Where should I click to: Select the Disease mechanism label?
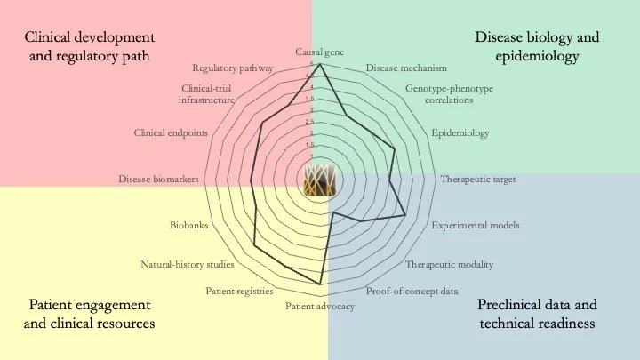[x=406, y=68]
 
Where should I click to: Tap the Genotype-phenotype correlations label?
[x=449, y=94]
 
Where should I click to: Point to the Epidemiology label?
[x=460, y=133]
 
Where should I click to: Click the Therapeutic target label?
[x=477, y=179]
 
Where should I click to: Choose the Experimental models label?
[x=476, y=225]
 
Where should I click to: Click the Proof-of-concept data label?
[x=412, y=291]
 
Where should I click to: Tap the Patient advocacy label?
[x=320, y=307]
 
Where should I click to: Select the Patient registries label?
[x=239, y=291]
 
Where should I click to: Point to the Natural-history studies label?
[x=188, y=264]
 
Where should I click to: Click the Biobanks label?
[x=188, y=225]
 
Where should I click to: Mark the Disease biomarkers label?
[x=158, y=179]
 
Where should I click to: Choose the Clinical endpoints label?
[x=171, y=133]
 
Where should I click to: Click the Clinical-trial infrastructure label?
[x=206, y=94]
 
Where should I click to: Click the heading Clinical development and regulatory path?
[x=90, y=47]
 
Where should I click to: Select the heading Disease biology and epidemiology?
[x=537, y=47]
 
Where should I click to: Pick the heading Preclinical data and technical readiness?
[x=537, y=314]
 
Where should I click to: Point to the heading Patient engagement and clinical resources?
[x=90, y=314]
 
